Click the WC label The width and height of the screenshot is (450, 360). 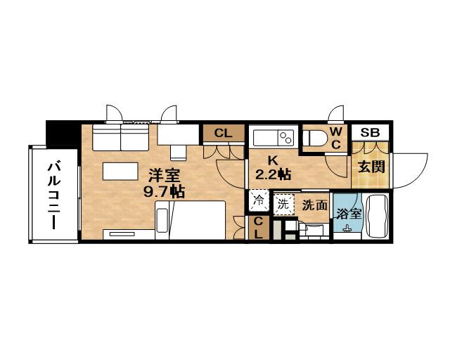(336, 139)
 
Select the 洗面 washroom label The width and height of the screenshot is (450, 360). (314, 205)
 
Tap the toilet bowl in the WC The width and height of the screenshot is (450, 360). (314, 137)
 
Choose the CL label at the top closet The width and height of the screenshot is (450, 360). (223, 133)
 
